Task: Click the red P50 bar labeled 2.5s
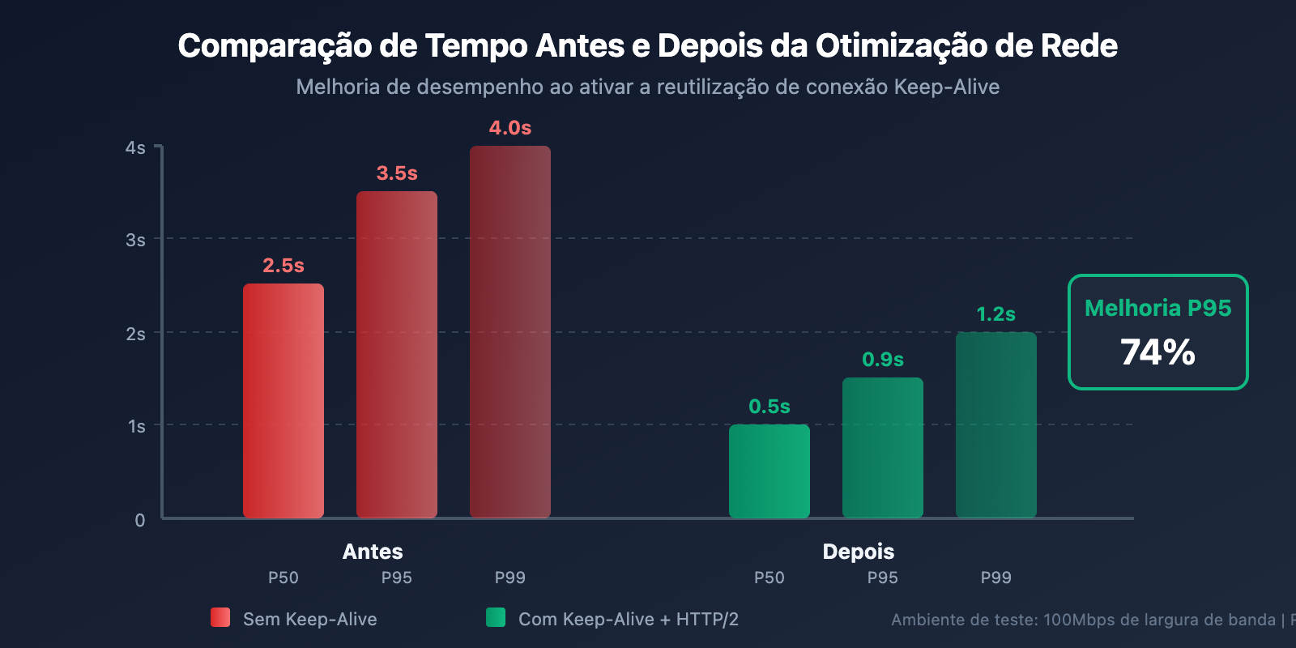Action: pyautogui.click(x=283, y=401)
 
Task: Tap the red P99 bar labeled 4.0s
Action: pyautogui.click(x=510, y=332)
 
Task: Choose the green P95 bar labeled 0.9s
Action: pyautogui.click(x=883, y=447)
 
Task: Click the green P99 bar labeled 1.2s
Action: pyautogui.click(x=996, y=424)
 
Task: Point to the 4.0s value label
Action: pyautogui.click(x=510, y=128)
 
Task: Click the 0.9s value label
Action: pyautogui.click(x=883, y=360)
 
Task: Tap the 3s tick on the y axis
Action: pyautogui.click(x=135, y=240)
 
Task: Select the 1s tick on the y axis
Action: pyautogui.click(x=136, y=426)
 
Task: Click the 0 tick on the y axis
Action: pyautogui.click(x=140, y=520)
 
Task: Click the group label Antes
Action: pyautogui.click(x=373, y=552)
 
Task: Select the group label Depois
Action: pyautogui.click(x=859, y=552)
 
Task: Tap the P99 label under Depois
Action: pyautogui.click(x=996, y=578)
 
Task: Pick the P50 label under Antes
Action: pyautogui.click(x=283, y=578)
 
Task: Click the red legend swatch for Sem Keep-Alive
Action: pyautogui.click(x=220, y=617)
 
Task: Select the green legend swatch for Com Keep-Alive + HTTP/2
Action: pyautogui.click(x=496, y=617)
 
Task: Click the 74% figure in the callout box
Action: pyautogui.click(x=1158, y=352)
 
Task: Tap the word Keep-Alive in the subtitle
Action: pyautogui.click(x=947, y=87)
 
